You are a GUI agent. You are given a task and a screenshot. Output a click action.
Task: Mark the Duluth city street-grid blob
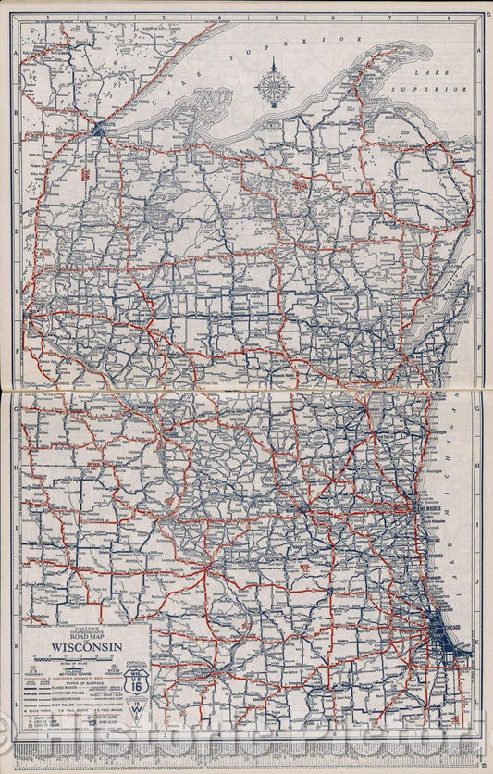coord(98,130)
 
